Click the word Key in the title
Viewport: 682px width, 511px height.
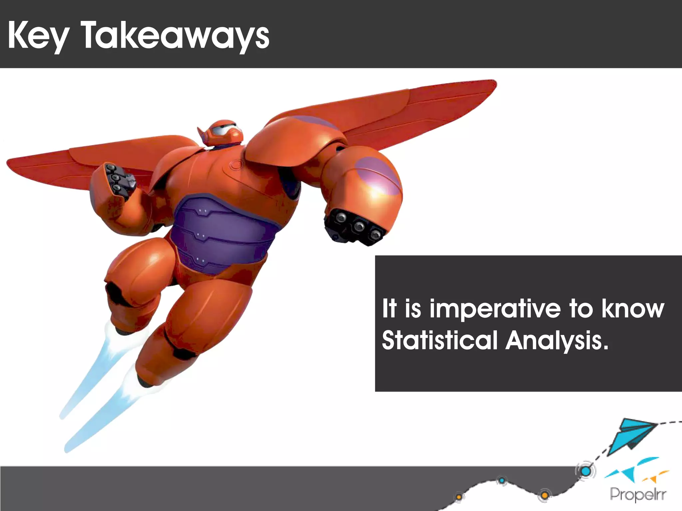38,36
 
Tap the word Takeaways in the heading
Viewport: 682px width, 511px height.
175,36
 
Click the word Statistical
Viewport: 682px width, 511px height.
440,341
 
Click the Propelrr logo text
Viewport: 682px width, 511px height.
638,494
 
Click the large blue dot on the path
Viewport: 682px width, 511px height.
586,471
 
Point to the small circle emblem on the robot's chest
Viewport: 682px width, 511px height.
237,164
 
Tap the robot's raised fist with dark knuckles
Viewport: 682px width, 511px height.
113,180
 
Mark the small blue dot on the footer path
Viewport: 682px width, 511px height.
502,480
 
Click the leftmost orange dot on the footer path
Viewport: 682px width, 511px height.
459,497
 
